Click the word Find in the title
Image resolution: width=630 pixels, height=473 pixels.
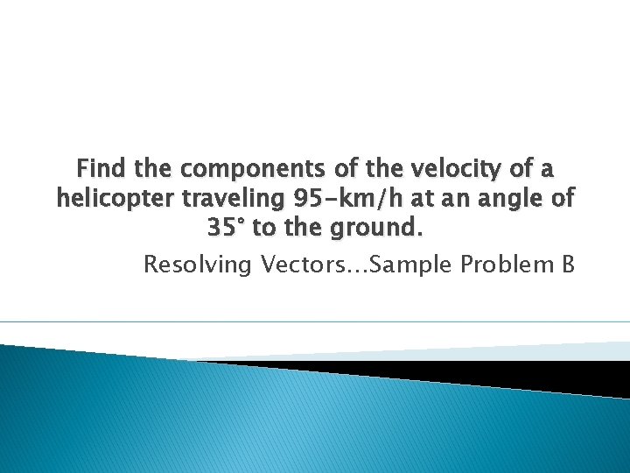100,168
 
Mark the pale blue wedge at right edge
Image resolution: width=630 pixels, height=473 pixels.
604,350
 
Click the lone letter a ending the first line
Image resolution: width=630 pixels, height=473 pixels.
547,168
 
